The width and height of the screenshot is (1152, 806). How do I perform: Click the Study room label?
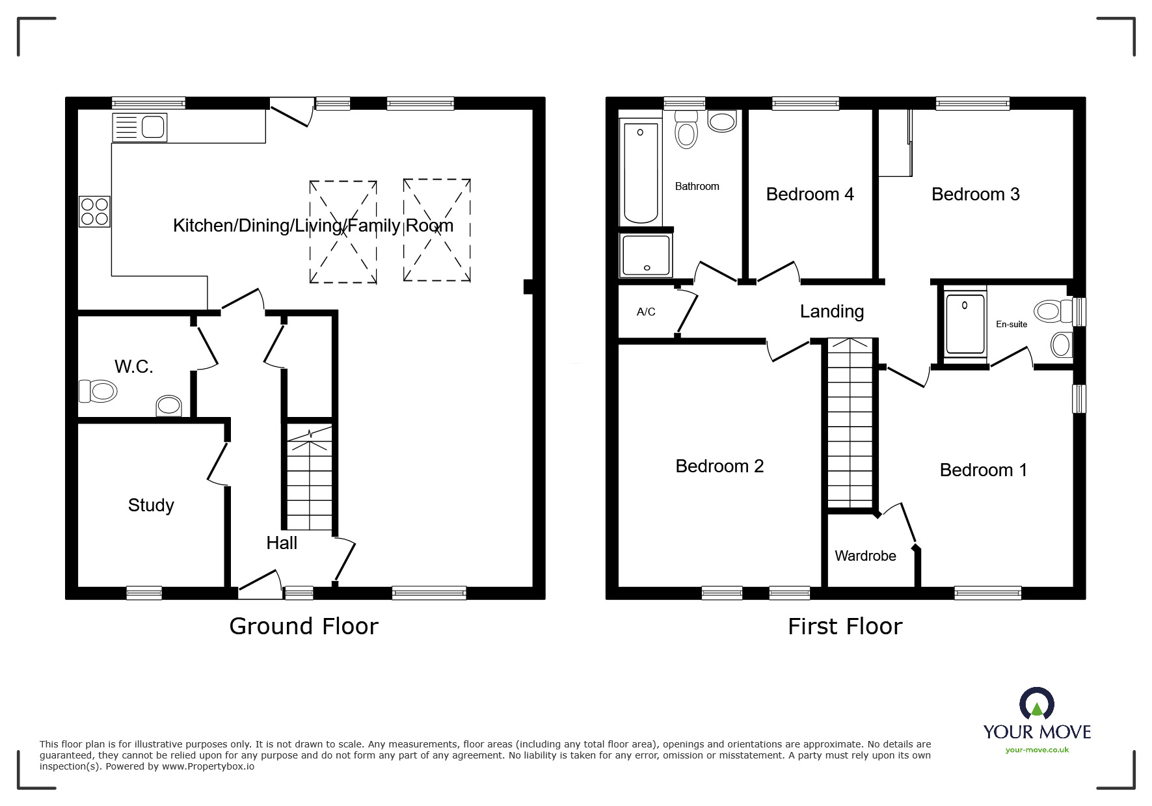151,505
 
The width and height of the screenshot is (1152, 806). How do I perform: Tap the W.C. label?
134,367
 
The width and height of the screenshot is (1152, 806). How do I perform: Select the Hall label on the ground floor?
282,543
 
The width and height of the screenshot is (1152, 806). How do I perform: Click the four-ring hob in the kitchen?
95,211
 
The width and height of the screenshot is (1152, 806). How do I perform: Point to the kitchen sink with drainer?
140,128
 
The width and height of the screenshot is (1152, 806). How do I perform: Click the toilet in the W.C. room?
98,392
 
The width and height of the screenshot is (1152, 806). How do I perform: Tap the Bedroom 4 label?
810,195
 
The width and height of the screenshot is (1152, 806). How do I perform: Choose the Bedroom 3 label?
976,195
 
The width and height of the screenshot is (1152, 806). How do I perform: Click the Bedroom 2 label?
719,466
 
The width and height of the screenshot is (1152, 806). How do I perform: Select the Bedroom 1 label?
984,470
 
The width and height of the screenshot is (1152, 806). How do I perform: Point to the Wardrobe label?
865,556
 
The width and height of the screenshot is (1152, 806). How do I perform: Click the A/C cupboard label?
646,312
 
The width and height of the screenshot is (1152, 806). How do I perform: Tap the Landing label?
832,312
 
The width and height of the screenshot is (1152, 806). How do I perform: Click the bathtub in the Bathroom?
641,173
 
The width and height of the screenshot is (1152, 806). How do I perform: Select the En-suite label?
1011,324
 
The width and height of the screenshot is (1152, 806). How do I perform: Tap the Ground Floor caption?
304,626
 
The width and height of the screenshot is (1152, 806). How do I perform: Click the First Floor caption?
845,626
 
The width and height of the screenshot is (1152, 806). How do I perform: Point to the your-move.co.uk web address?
1037,750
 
